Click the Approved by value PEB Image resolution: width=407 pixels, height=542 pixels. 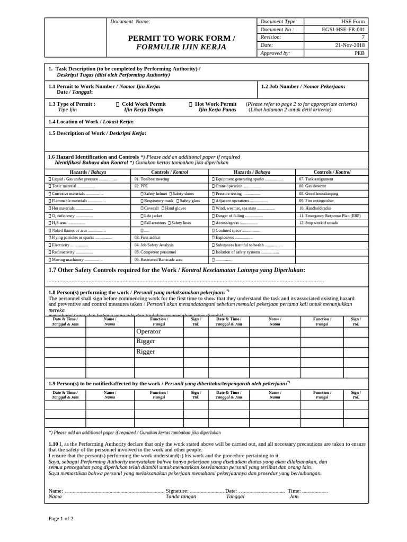359,53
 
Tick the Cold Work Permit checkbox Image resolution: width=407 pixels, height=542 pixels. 117,104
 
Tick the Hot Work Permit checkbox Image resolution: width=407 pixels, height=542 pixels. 190,104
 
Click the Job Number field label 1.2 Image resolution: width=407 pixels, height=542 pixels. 303,86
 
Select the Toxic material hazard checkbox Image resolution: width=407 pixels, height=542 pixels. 50,187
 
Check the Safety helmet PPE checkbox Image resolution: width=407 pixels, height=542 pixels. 142,194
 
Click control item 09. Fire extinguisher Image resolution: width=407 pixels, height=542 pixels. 316,201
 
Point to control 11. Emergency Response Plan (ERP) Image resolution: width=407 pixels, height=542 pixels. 330,216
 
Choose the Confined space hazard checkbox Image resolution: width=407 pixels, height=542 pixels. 214,231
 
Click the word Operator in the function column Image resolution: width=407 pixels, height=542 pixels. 148,331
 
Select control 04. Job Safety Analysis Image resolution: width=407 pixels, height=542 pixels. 154,245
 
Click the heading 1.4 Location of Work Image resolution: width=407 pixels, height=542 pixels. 91,122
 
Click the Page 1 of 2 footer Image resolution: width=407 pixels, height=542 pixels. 61,518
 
